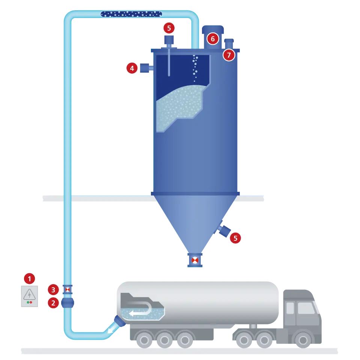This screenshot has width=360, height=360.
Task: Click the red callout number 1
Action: click(x=29, y=279)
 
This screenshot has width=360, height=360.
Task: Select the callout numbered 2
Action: click(x=53, y=303)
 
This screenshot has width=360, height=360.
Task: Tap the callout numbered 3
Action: click(x=53, y=289)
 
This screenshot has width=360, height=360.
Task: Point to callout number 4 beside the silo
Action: click(x=131, y=68)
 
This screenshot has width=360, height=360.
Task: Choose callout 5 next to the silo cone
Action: click(x=235, y=238)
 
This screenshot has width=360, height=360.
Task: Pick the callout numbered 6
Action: click(x=212, y=38)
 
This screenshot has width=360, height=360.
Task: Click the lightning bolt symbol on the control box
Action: click(x=29, y=295)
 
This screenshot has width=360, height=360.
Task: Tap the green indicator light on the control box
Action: click(x=27, y=302)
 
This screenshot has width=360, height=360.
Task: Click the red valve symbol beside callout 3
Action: click(x=68, y=289)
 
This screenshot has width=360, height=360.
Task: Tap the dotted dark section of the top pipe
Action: click(x=131, y=14)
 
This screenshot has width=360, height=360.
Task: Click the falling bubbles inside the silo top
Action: click(x=194, y=68)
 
